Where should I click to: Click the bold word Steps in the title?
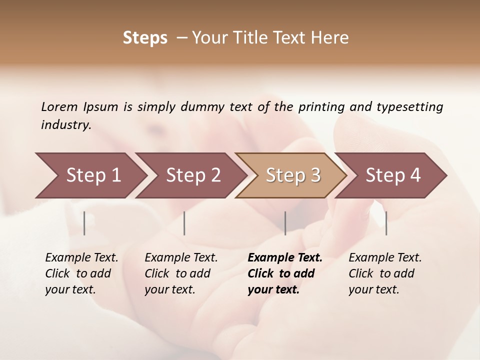pos(145,38)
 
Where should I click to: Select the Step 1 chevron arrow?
pos(90,175)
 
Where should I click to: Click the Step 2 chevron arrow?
pos(190,175)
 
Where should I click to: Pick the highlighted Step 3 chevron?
pos(290,175)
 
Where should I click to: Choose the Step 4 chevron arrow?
pos(390,175)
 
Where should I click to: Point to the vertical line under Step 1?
pos(84,223)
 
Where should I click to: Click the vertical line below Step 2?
pos(184,223)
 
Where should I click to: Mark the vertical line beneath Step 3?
pos(285,223)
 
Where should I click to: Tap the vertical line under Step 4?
pos(386,223)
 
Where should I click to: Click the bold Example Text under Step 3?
pos(285,258)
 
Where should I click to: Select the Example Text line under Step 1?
pos(81,258)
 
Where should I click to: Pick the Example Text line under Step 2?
pos(181,258)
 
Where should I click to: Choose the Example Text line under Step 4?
pos(385,258)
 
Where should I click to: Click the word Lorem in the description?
pos(59,106)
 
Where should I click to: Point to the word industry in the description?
pos(65,124)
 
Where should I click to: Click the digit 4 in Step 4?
pos(414,175)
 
